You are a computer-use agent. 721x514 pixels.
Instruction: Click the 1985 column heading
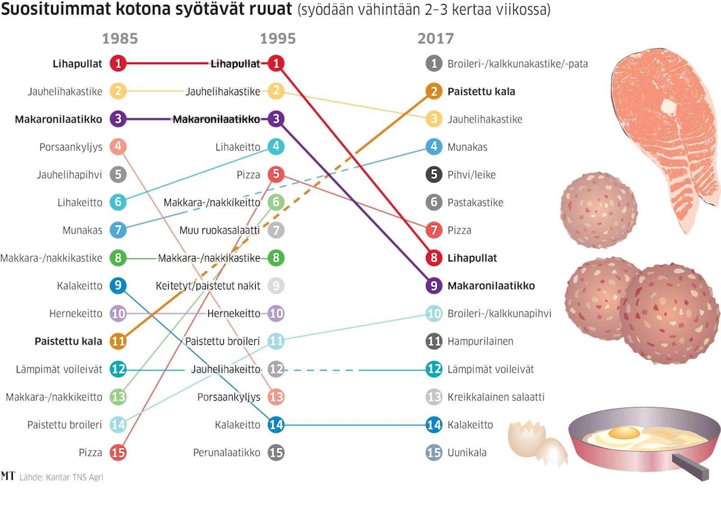(120, 39)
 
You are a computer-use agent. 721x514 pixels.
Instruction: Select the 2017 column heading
(436, 39)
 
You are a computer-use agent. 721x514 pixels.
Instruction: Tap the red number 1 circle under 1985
(118, 63)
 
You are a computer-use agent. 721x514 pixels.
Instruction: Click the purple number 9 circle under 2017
(434, 286)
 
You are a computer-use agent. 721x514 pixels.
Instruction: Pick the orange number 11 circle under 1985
(118, 341)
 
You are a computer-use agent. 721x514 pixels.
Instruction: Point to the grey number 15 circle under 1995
(276, 452)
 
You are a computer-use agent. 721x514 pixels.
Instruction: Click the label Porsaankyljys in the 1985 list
(71, 147)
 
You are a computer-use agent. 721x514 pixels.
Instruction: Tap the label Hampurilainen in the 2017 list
(480, 341)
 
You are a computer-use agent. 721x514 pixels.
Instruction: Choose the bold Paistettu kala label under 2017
(481, 91)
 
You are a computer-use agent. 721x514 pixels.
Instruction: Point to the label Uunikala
(467, 452)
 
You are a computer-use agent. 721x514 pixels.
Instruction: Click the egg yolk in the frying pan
(624, 433)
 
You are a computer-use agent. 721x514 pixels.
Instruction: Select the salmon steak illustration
(664, 128)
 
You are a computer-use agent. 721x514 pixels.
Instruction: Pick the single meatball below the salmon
(598, 210)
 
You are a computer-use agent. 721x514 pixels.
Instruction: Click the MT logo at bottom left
(8, 476)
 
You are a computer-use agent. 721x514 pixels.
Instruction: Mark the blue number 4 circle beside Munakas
(434, 147)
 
